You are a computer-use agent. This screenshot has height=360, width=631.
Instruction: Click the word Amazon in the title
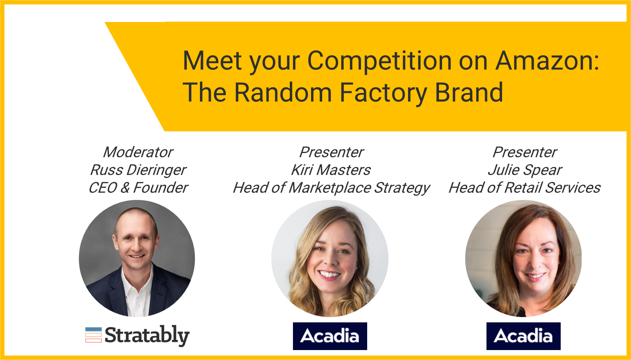point(547,61)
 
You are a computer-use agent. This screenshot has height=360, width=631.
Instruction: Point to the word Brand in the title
point(469,92)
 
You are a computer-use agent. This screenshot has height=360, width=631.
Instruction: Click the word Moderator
point(138,152)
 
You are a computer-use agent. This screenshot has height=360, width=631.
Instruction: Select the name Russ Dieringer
point(138,170)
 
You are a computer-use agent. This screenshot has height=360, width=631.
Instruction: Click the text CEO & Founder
point(138,188)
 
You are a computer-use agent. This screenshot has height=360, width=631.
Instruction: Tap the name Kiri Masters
point(331,170)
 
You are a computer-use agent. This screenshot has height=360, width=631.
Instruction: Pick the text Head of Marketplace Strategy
point(331,188)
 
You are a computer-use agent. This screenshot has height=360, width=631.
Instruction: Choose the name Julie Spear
point(525,170)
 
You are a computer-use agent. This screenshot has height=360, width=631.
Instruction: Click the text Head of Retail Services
point(524,188)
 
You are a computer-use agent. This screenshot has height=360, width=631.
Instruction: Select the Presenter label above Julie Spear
point(525,152)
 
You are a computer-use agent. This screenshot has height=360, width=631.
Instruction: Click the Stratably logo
point(137,336)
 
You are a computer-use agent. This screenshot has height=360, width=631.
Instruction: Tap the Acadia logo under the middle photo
point(330,336)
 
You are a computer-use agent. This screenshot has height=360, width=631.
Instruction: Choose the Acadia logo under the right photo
point(523,336)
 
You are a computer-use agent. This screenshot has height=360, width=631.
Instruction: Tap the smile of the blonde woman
point(329,274)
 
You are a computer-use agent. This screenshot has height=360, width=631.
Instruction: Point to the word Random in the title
point(283,92)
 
